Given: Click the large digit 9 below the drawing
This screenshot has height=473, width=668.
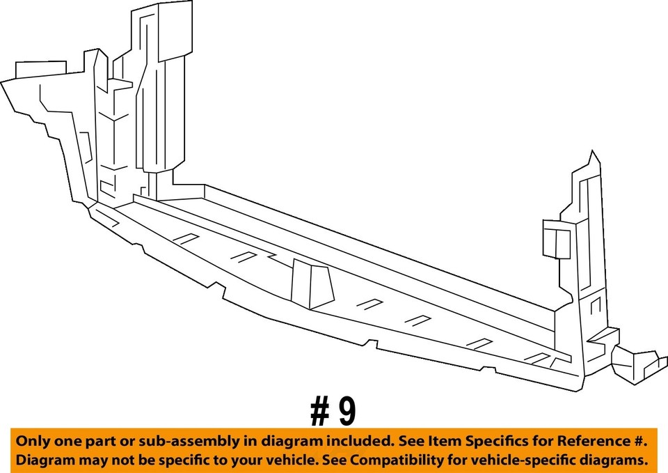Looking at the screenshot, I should pyautogui.click(x=346, y=412).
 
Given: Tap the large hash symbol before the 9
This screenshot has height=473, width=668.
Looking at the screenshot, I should pyautogui.click(x=320, y=412).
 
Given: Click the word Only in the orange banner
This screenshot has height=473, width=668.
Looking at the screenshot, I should pyautogui.click(x=33, y=442).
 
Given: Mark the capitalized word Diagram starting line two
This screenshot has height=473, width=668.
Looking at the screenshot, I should pyautogui.click(x=43, y=460).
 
